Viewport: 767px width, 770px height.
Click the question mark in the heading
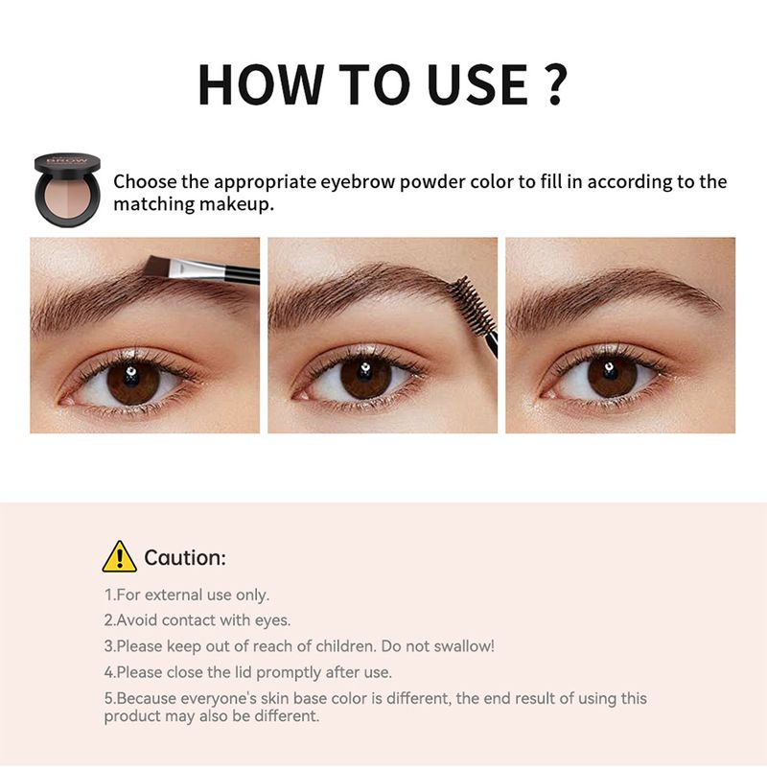click(556, 84)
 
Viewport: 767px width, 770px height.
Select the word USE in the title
click(477, 84)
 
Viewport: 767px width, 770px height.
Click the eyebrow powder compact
click(67, 190)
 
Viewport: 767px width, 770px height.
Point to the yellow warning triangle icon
click(119, 557)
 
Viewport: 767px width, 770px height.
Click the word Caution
click(185, 558)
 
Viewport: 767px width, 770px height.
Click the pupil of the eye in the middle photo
click(364, 375)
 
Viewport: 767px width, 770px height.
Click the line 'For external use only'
click(187, 595)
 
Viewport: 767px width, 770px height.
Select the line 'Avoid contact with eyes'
click(198, 620)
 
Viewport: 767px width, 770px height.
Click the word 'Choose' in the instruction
click(145, 181)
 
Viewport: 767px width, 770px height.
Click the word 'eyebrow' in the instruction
click(358, 183)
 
